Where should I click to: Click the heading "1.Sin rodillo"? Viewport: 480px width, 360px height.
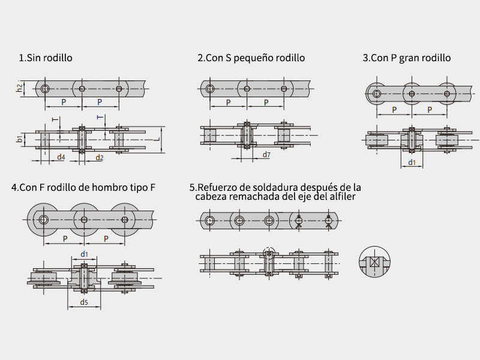click(46, 58)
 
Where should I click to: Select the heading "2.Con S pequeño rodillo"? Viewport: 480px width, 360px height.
click(251, 58)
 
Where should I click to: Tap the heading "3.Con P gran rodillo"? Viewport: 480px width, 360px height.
click(407, 58)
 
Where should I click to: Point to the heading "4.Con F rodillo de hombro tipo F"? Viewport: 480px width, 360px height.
click(83, 187)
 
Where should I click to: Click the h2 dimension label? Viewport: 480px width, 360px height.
click(19, 88)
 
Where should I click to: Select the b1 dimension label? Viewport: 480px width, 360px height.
click(19, 139)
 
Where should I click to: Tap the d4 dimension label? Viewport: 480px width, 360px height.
click(61, 157)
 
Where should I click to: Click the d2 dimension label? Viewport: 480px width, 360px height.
click(100, 158)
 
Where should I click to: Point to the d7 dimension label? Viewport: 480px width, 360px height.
click(266, 155)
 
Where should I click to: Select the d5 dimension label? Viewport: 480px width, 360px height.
click(84, 302)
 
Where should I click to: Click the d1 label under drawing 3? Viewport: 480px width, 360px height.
click(412, 162)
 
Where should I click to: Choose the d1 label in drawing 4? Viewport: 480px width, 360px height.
click(84, 254)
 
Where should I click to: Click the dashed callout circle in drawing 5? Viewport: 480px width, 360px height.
click(269, 247)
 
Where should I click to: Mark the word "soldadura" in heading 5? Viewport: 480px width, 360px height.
click(276, 187)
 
